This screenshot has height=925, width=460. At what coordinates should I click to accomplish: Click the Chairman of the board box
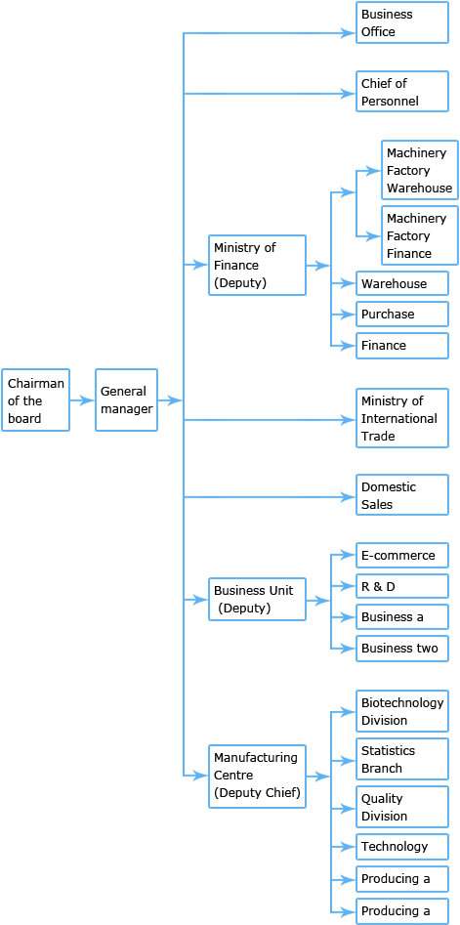coord(35,399)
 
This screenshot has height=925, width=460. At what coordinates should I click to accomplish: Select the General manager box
coord(126,399)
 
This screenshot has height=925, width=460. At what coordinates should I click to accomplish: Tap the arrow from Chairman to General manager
coord(82,400)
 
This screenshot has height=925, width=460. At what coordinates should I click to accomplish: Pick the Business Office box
coord(402,22)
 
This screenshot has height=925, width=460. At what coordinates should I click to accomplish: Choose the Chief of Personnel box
coord(402,92)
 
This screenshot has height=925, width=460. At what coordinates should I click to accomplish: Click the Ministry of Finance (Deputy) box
coord(257,265)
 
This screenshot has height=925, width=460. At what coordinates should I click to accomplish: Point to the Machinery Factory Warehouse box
coord(420,171)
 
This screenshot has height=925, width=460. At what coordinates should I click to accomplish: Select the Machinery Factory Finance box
coord(420,235)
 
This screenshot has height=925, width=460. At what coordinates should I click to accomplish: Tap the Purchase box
coord(402,314)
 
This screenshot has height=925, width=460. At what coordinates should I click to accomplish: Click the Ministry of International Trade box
coord(402,418)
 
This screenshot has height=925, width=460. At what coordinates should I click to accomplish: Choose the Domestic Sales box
coord(402,495)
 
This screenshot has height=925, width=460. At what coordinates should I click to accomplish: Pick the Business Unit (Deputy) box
coord(257,599)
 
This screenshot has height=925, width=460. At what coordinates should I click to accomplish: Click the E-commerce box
coord(402,555)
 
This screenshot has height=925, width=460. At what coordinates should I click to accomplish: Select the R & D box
coord(402,586)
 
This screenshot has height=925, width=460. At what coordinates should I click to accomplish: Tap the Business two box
coord(402,649)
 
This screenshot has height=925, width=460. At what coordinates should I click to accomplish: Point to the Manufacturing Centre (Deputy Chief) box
coord(257,776)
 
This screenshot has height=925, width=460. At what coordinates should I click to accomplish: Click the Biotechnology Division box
coord(402,711)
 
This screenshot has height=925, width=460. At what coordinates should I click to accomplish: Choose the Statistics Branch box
coord(402,759)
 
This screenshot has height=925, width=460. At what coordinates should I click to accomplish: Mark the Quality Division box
coord(402,807)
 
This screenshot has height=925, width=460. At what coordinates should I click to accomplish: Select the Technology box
coord(402,846)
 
